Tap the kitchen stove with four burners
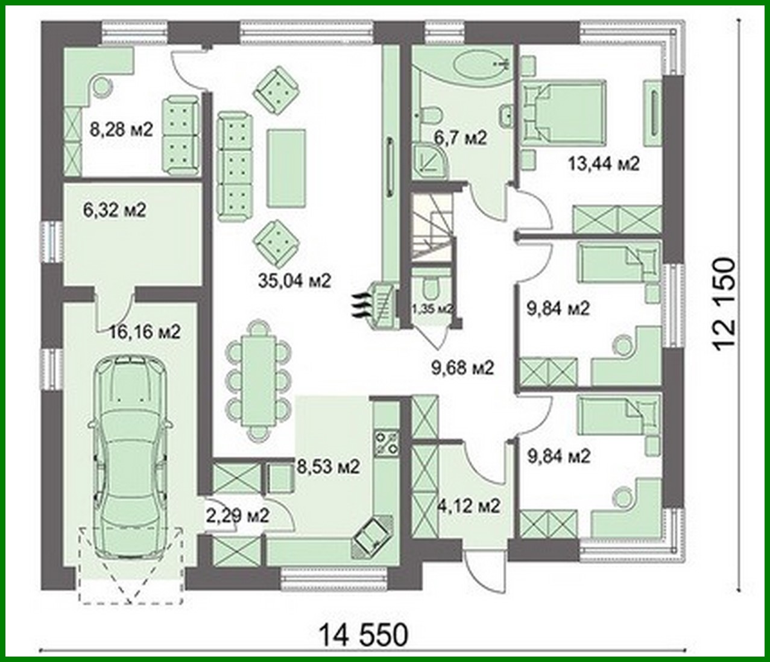pos(386,443)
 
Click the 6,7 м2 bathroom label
pos(460,138)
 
